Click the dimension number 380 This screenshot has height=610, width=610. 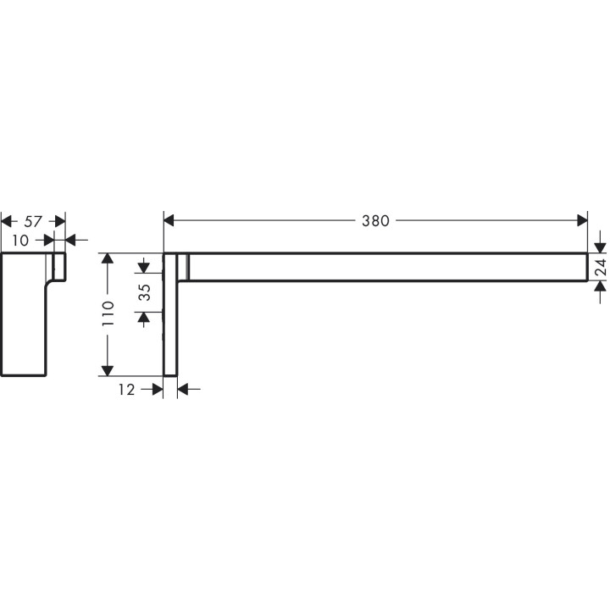[374, 221]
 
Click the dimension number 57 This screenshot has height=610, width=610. [32, 221]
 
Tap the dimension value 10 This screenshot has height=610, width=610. [21, 241]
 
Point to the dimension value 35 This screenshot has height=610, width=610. [144, 292]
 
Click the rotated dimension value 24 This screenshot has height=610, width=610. [599, 269]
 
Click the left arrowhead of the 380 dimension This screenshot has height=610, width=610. [169, 221]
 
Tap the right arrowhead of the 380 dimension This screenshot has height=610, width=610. [581, 221]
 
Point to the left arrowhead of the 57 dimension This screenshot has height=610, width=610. [8, 221]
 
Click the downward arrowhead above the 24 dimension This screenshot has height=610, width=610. [599, 247]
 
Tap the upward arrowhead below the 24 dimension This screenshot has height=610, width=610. [599, 287]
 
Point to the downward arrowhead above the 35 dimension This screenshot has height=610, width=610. [144, 268]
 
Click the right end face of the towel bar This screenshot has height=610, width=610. [586, 267]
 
